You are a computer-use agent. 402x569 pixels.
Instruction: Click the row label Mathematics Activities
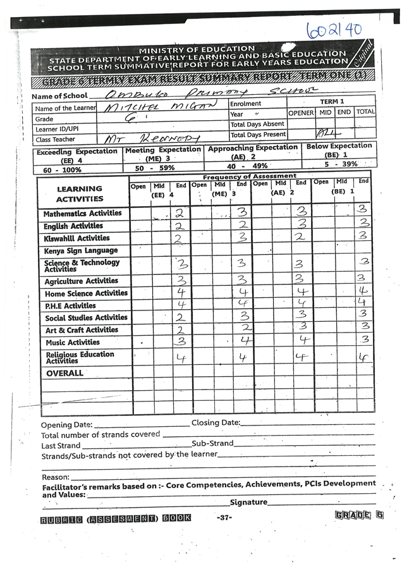coord(82,214)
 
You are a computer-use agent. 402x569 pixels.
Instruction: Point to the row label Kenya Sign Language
coord(81,250)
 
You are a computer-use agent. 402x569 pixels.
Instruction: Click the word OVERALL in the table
coord(64,373)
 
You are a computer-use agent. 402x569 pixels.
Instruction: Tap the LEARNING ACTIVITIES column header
coord(80,193)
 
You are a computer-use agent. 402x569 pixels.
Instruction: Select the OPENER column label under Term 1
coord(301,112)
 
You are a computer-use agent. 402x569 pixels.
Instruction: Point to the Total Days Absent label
coord(257,125)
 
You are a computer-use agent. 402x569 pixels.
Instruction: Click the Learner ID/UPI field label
coord(60,129)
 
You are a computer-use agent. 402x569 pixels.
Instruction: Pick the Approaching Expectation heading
coord(253,148)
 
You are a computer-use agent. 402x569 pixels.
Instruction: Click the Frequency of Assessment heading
coord(250,176)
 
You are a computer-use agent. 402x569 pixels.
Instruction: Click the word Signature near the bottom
coord(248,502)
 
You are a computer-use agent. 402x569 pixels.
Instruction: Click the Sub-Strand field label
coord(213,443)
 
